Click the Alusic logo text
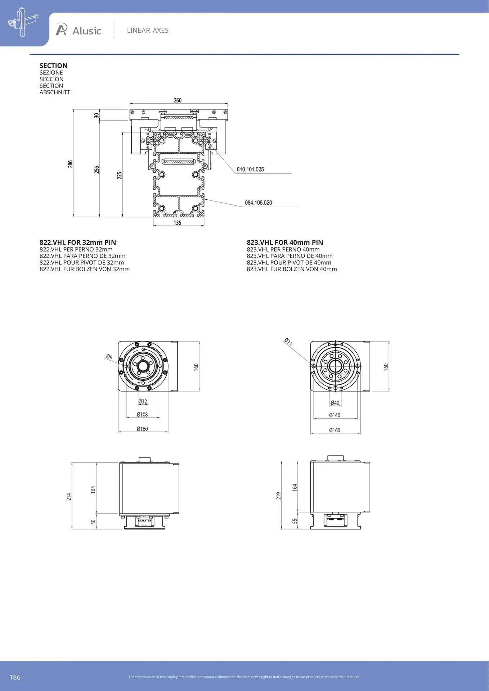[x=87, y=31]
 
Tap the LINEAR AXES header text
[x=148, y=31]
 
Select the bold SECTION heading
[x=54, y=66]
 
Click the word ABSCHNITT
[x=55, y=92]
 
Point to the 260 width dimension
[x=178, y=100]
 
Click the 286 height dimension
[x=70, y=164]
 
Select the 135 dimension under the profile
[x=178, y=223]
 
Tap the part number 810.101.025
[x=250, y=169]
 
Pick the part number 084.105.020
[x=259, y=203]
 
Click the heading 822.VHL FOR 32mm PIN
[x=78, y=243]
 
